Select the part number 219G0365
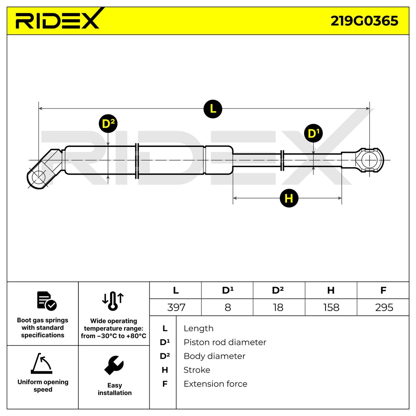click(x=364, y=21)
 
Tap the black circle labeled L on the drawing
click(x=213, y=109)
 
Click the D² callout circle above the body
click(x=109, y=124)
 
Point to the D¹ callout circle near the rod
click(x=313, y=133)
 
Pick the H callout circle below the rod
click(x=289, y=198)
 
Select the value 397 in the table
click(x=176, y=307)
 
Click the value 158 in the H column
click(x=331, y=307)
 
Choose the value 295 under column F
click(x=384, y=307)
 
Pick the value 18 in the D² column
click(x=278, y=307)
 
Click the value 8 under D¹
click(x=228, y=307)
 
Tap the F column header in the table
click(x=383, y=290)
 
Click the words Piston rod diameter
click(x=225, y=342)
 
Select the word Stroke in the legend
click(x=197, y=370)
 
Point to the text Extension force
click(x=215, y=384)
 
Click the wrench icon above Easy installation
click(x=114, y=365)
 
